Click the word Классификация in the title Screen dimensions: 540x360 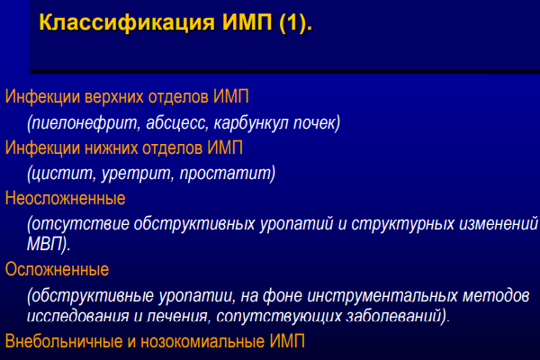coord(127,22)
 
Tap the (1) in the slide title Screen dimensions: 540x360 coord(293,22)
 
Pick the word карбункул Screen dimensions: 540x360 coord(251,123)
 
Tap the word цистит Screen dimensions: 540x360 coord(61,174)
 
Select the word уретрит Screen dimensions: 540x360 coord(137,174)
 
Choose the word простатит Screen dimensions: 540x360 coord(227,174)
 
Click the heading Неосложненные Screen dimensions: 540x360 coord(65,198)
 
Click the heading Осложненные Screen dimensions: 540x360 coord(57,269)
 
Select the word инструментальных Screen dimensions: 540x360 coord(382,296)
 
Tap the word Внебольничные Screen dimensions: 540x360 coord(64,341)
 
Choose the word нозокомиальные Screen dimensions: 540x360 coord(202,341)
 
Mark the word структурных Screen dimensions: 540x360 coord(402,223)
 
